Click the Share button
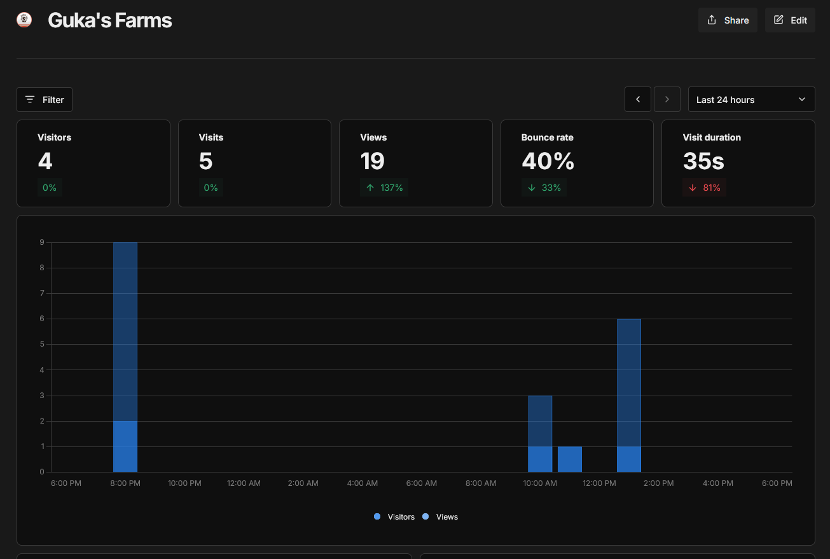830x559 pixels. coord(728,20)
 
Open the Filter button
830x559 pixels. coord(45,100)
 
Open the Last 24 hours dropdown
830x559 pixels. coord(751,100)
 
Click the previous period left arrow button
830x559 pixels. coord(638,100)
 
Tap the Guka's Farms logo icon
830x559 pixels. coord(24,20)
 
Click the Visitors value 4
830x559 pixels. coord(45,162)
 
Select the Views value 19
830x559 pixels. coord(373,162)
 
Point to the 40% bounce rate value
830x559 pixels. coord(548,162)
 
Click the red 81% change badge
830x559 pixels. coord(704,188)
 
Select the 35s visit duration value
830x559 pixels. coord(703,162)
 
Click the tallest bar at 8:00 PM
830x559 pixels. coord(125,331)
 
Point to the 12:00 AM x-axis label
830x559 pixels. coord(244,483)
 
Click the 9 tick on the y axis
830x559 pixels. coord(41,242)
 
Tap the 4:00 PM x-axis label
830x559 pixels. coord(717,483)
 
